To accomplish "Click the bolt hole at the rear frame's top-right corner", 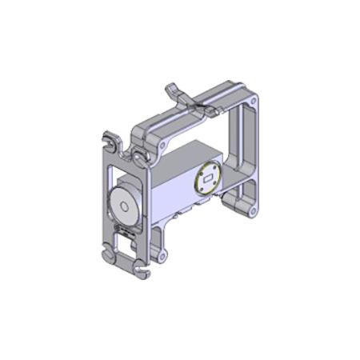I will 253,103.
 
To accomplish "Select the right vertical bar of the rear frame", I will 253,152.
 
